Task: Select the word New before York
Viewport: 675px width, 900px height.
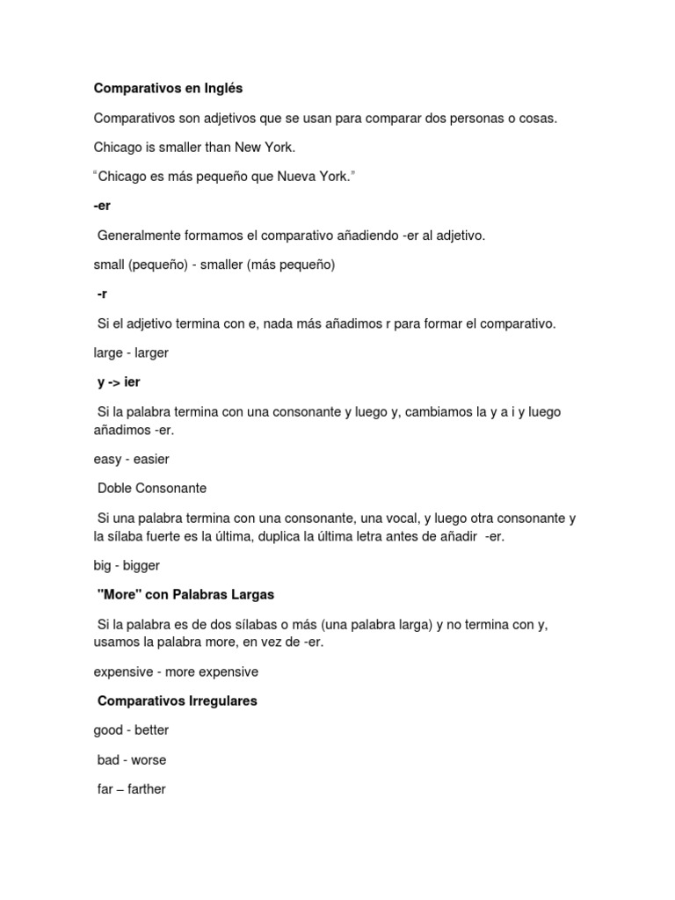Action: (x=247, y=147)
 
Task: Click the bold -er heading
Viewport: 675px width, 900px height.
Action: (x=102, y=206)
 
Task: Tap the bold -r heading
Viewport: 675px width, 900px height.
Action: (x=102, y=294)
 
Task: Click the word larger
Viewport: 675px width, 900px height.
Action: (x=150, y=352)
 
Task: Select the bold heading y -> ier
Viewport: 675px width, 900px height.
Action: (x=119, y=382)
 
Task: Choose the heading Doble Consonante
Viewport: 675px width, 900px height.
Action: (x=152, y=488)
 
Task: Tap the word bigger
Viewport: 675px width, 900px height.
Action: (x=142, y=565)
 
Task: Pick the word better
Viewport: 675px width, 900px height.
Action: (x=151, y=730)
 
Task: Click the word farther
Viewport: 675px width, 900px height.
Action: (x=146, y=789)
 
